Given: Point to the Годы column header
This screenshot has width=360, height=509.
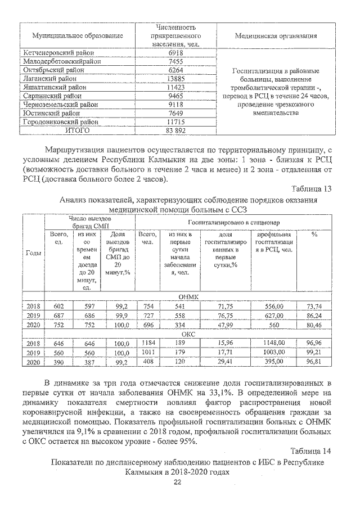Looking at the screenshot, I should [x=34, y=253].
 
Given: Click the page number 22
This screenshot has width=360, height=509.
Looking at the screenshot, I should [x=178, y=483].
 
